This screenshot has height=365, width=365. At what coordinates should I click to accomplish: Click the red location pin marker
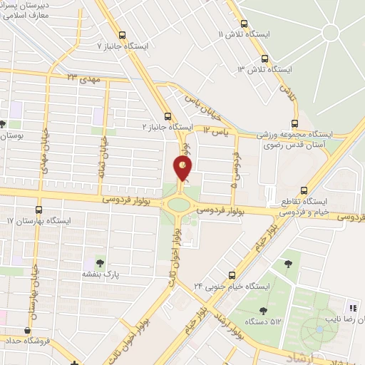click(183, 169)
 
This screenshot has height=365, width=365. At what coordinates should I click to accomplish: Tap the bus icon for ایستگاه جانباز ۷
click(122, 34)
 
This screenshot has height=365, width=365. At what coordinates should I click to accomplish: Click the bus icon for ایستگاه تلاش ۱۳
click(264, 59)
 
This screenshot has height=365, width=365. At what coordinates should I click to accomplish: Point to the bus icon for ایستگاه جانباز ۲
click(168, 115)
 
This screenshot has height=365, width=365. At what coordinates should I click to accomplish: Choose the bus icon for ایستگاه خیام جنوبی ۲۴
click(231, 275)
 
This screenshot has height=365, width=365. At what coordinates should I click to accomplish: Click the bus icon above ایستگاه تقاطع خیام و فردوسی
click(304, 190)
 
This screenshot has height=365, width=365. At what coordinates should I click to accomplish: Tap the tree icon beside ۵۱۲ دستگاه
click(263, 310)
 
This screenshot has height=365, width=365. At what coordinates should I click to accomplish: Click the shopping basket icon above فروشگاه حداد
click(27, 330)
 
